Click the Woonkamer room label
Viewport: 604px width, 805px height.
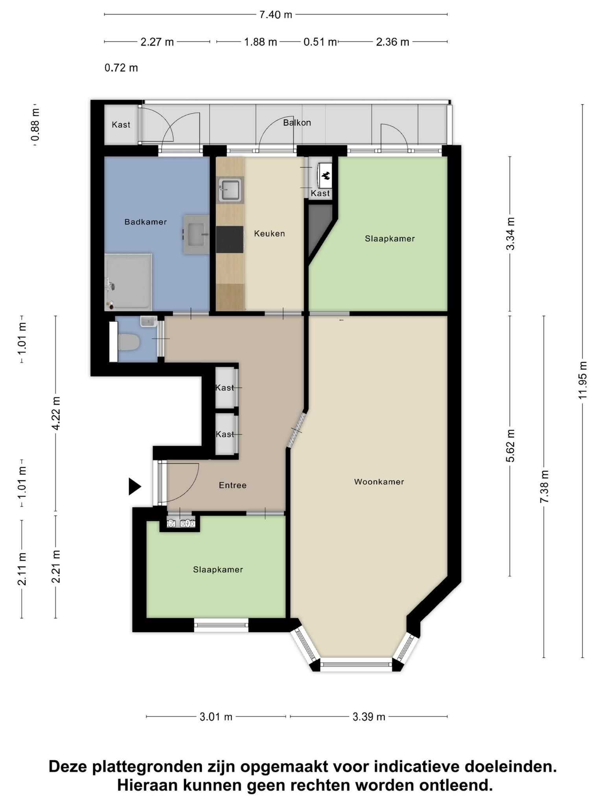pos(379,482)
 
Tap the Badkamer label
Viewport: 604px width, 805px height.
pos(145,222)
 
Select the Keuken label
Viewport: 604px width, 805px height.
pos(269,233)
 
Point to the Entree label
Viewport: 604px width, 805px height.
pos(233,485)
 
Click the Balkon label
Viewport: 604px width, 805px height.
pos(297,123)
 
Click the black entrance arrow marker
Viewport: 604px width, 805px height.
pos(135,486)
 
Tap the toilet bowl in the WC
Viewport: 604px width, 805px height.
pos(129,342)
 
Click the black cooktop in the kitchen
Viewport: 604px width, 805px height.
pos(230,239)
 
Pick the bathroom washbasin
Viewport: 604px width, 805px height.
pos(196,234)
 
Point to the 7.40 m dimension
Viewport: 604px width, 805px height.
pos(276,15)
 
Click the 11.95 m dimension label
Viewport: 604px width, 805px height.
pos(582,380)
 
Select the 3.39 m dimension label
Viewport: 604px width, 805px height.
pos(369,717)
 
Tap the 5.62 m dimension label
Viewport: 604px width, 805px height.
pos(510,446)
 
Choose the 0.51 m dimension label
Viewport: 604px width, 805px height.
pos(320,42)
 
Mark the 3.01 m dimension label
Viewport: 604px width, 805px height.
pos(216,717)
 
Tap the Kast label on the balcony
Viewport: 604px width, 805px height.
pos(121,125)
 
